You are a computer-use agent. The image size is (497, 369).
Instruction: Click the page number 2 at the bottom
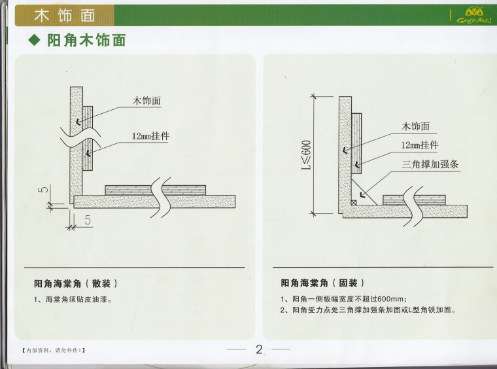click(259, 349)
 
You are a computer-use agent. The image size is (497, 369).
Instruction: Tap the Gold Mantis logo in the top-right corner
click(474, 16)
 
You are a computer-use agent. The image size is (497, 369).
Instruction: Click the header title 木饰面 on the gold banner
click(65, 15)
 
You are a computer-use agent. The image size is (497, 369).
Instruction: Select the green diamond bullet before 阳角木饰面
click(35, 41)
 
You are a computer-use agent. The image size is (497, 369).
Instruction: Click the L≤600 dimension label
click(307, 155)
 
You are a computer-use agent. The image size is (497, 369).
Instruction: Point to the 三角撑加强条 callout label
click(430, 164)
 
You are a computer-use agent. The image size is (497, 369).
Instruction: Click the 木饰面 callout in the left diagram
click(146, 101)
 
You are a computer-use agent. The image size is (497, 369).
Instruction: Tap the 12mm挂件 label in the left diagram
click(150, 136)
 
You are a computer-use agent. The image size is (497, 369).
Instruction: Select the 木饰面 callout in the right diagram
click(415, 126)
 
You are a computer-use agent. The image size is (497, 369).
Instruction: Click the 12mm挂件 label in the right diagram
click(420, 145)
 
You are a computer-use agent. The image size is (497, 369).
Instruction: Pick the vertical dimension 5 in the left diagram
click(44, 189)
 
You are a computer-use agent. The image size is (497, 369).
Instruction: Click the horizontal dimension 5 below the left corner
click(88, 220)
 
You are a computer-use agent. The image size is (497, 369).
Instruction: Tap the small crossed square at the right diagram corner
click(354, 203)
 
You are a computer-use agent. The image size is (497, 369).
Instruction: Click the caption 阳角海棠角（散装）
click(76, 283)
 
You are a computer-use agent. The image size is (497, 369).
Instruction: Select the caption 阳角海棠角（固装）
click(322, 283)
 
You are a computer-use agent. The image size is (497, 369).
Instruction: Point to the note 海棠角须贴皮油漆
click(73, 299)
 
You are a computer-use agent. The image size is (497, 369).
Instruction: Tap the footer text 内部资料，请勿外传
click(53, 350)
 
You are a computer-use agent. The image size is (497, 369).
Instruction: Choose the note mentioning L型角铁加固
click(368, 309)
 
